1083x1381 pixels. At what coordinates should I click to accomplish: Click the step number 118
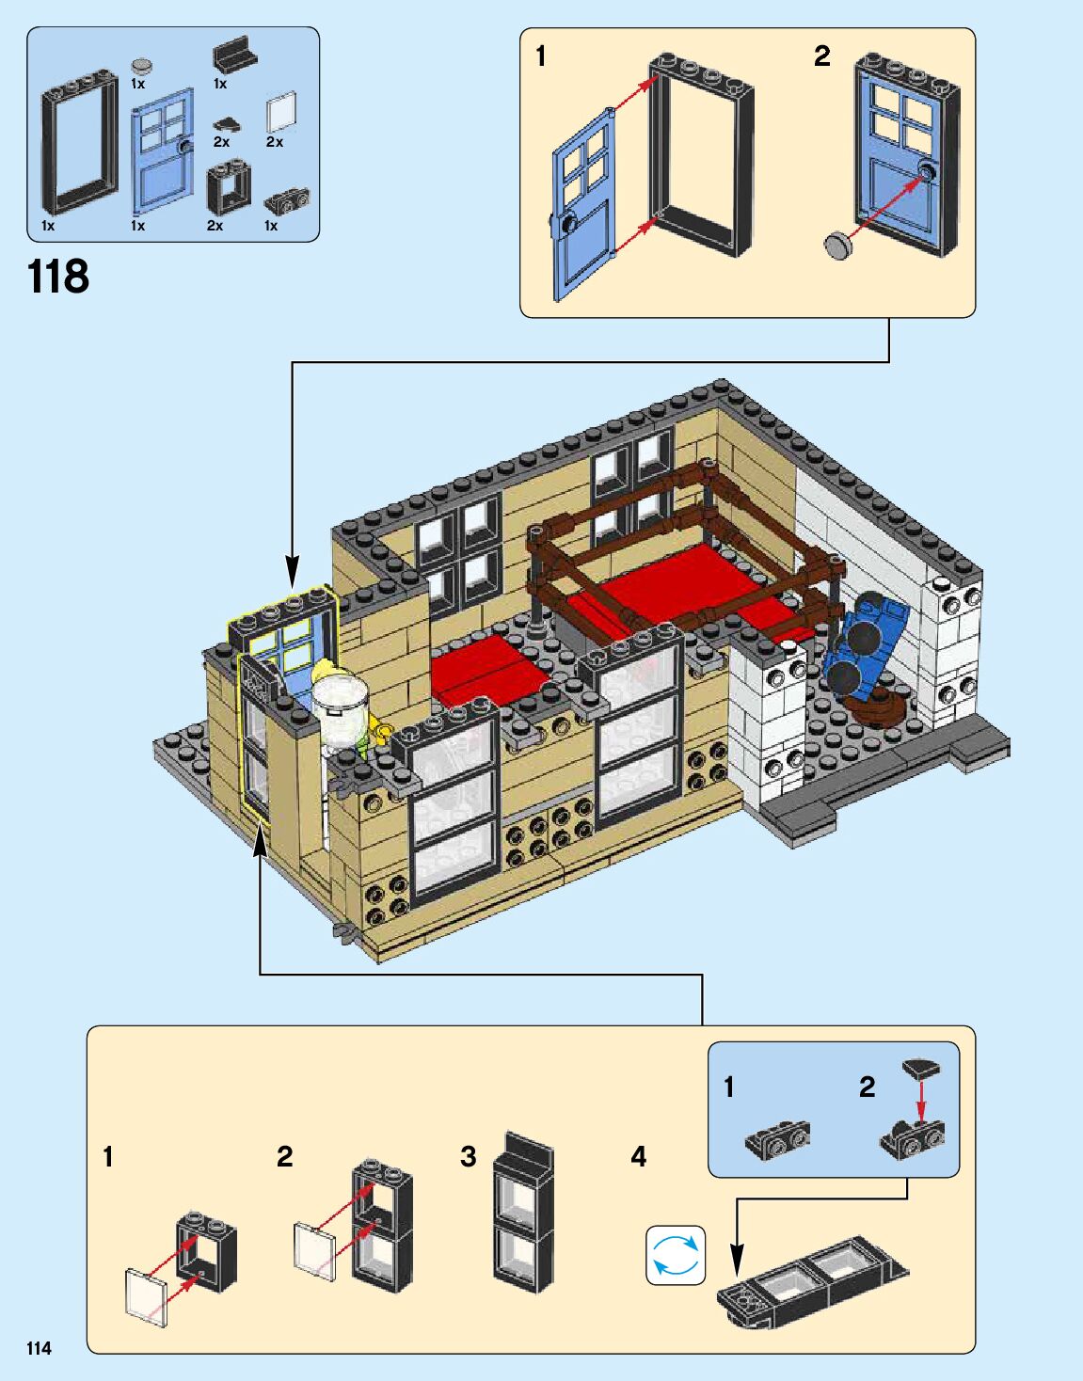pos(58,277)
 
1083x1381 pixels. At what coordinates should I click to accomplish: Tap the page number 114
pos(39,1348)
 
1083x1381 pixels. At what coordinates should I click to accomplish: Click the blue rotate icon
pos(676,1255)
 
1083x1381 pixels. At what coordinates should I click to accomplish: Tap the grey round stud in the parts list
pos(142,66)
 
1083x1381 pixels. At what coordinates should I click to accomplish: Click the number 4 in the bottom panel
pos(639,1156)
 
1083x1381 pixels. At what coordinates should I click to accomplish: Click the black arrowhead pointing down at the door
pos(293,571)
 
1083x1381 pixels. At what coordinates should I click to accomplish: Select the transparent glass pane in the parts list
pos(280,113)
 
